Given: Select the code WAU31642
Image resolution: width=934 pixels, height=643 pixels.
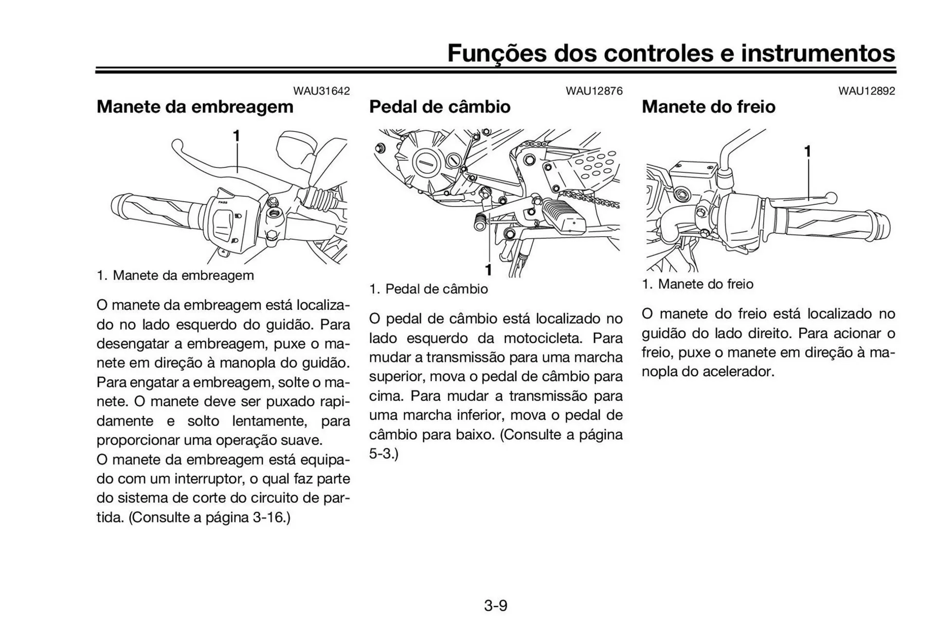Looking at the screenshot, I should pos(321,91).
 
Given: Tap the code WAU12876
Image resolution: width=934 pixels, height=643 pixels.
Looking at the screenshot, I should pos(593,91).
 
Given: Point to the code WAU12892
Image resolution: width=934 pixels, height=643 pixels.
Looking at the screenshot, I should pos(866,91).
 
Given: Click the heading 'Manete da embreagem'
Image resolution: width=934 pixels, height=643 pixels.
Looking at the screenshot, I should pos(195,106).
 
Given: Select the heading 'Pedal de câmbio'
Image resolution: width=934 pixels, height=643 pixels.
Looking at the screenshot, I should pos(439,106).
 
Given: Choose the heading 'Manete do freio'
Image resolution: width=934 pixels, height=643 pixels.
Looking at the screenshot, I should pos(708,106).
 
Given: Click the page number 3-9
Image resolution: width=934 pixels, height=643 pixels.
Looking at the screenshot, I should pos(495,606).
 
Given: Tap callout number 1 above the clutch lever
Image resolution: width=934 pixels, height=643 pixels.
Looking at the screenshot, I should pos(236,137).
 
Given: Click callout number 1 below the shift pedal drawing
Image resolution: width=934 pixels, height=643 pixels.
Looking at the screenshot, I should pos(488,270).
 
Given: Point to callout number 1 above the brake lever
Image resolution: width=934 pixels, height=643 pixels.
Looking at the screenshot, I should pos(808,152).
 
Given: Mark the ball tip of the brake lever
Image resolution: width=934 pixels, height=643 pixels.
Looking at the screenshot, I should pos(832,198).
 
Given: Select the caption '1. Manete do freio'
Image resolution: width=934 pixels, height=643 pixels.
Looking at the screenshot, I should pos(697,284).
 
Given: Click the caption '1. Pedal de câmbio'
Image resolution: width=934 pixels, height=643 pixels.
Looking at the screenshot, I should pos(428,289).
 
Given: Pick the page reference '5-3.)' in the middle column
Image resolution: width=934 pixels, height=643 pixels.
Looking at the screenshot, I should pos(383,453).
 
